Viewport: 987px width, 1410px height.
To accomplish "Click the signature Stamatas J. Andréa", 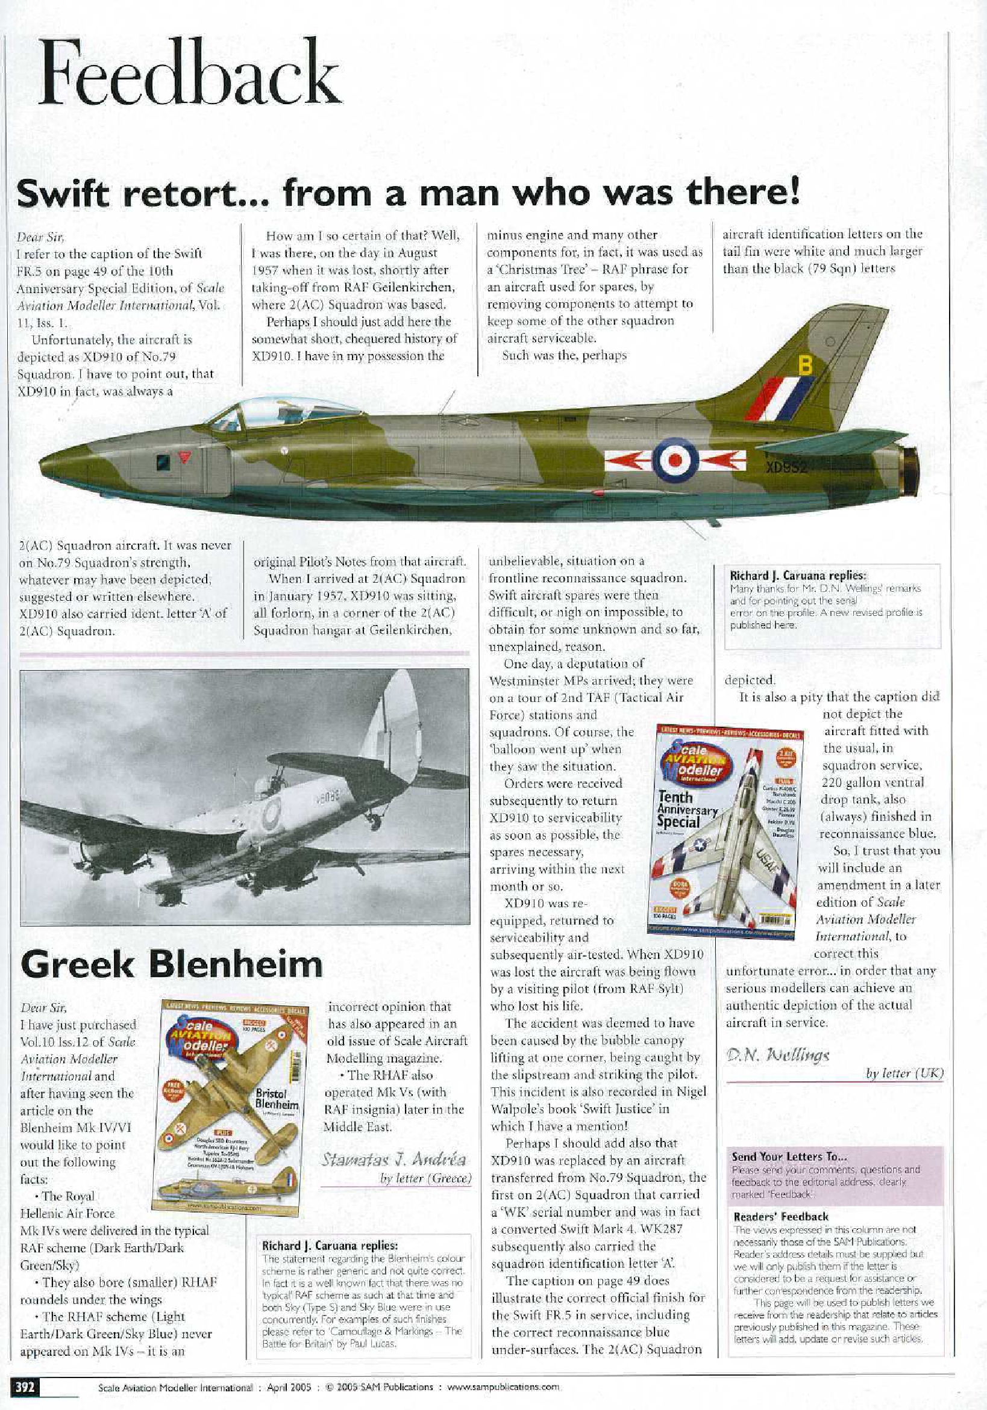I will [x=393, y=1160].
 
